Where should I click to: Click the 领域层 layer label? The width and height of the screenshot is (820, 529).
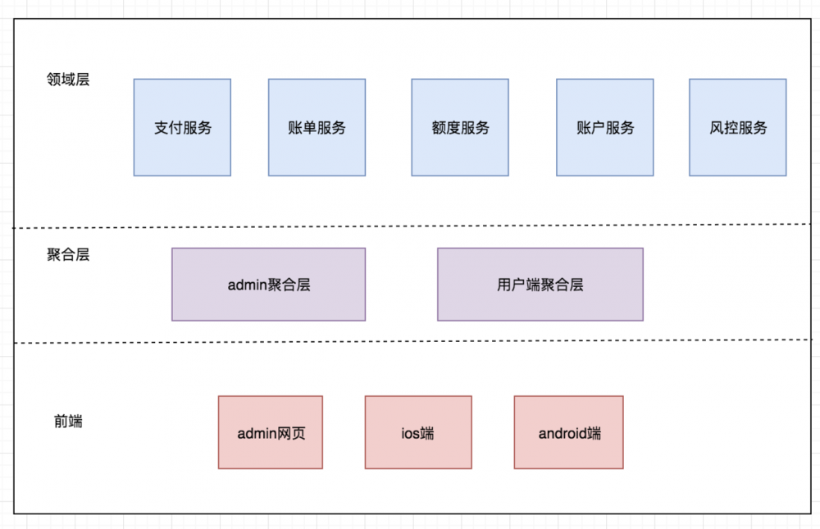click(x=68, y=80)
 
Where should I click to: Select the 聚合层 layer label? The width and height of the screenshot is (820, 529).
click(x=68, y=254)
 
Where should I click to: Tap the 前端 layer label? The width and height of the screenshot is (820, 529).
click(x=68, y=422)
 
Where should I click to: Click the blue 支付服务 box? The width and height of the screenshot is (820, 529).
click(x=182, y=127)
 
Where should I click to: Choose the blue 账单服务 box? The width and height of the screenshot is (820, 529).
click(x=317, y=127)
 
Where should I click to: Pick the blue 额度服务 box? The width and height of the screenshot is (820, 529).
click(x=459, y=127)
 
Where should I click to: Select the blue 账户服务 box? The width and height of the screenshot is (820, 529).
click(x=604, y=127)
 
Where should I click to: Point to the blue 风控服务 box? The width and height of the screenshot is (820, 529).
click(x=737, y=127)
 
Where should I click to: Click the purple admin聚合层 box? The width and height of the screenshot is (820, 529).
click(x=268, y=285)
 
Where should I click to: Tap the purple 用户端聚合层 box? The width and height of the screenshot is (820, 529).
click(x=540, y=285)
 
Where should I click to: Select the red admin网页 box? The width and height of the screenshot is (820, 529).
click(x=270, y=432)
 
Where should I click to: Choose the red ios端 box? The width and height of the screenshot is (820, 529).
click(x=418, y=432)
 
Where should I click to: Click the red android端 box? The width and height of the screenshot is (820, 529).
click(x=568, y=432)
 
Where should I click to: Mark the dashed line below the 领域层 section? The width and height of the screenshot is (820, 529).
click(x=410, y=227)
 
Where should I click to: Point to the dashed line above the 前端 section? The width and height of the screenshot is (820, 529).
click(x=410, y=342)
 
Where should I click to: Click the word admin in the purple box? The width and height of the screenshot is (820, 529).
click(x=247, y=285)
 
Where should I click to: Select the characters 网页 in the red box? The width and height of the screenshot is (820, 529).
click(x=291, y=433)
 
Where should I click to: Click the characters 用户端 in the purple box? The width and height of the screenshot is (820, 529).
click(x=518, y=285)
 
